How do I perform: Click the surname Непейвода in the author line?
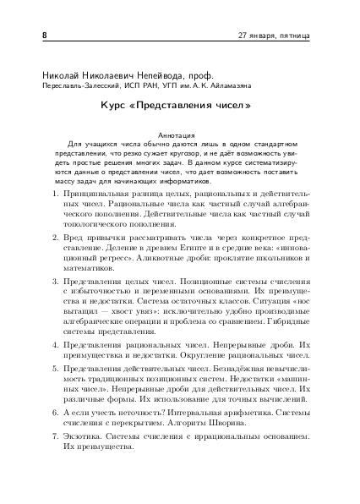coord(156,74)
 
